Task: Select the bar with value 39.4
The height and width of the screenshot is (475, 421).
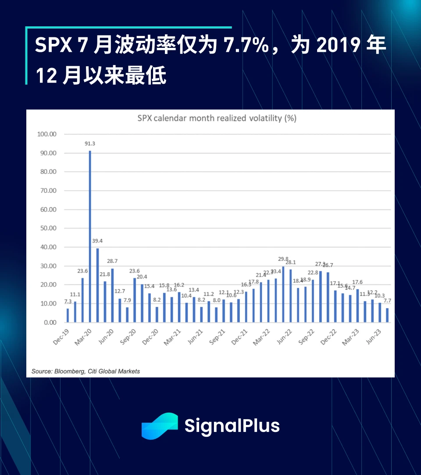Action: [97, 285]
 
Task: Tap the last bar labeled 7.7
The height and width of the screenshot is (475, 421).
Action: [387, 315]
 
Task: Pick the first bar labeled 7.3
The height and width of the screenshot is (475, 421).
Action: [68, 316]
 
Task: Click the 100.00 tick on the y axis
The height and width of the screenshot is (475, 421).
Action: [47, 134]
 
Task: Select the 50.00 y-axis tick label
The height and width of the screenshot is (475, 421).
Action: [47, 228]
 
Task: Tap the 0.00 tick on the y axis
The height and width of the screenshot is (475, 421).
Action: [49, 322]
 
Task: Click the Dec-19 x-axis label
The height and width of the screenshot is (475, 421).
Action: [61, 337]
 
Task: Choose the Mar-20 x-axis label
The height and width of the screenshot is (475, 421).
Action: [83, 337]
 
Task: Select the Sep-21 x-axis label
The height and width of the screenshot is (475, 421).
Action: [217, 337]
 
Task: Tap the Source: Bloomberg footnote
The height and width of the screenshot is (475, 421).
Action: [86, 371]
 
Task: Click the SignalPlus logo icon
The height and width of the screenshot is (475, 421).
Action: [160, 426]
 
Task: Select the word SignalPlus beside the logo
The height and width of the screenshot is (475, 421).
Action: [232, 426]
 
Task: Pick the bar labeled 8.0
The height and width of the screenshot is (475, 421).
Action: [216, 315]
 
